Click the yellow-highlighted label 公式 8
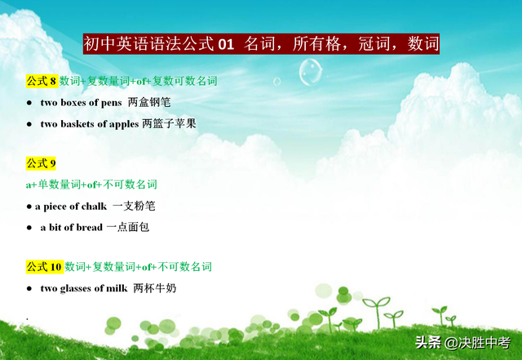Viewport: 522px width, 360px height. (x=42, y=81)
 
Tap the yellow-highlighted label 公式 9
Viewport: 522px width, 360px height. (x=41, y=163)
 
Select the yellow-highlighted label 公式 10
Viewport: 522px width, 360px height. (x=45, y=267)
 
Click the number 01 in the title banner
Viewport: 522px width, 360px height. (x=226, y=44)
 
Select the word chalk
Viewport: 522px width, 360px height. (x=95, y=207)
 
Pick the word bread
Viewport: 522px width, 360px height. (x=89, y=227)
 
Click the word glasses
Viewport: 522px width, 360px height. (x=76, y=288)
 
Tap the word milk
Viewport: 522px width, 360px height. (x=117, y=288)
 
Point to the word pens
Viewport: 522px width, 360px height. (x=111, y=103)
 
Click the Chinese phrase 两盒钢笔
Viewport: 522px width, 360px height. (x=149, y=102)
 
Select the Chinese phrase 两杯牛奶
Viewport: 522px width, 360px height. (x=155, y=288)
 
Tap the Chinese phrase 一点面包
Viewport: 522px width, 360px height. (x=128, y=227)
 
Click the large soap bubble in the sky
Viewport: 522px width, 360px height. (x=311, y=72)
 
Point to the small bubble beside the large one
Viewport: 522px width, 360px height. (x=277, y=82)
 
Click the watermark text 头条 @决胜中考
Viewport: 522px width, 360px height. (x=462, y=343)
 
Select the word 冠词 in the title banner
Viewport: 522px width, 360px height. (x=374, y=44)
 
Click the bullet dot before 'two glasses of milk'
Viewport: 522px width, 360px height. (x=29, y=289)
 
